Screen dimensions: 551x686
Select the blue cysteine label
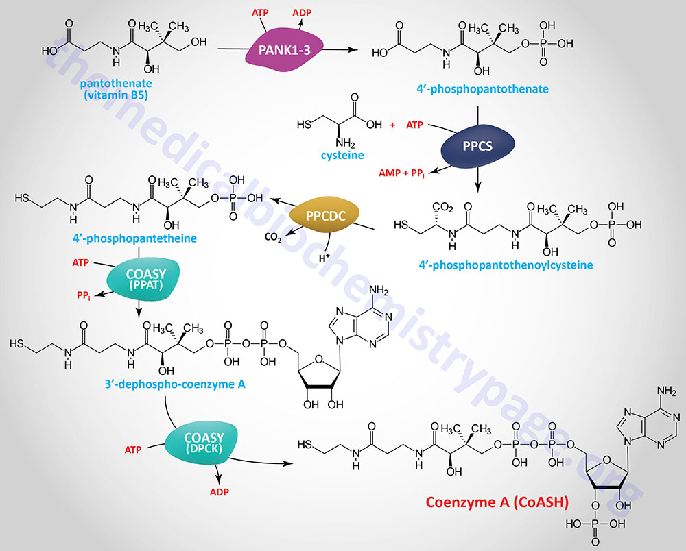point(342,156)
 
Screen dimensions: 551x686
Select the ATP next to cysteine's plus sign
point(415,125)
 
